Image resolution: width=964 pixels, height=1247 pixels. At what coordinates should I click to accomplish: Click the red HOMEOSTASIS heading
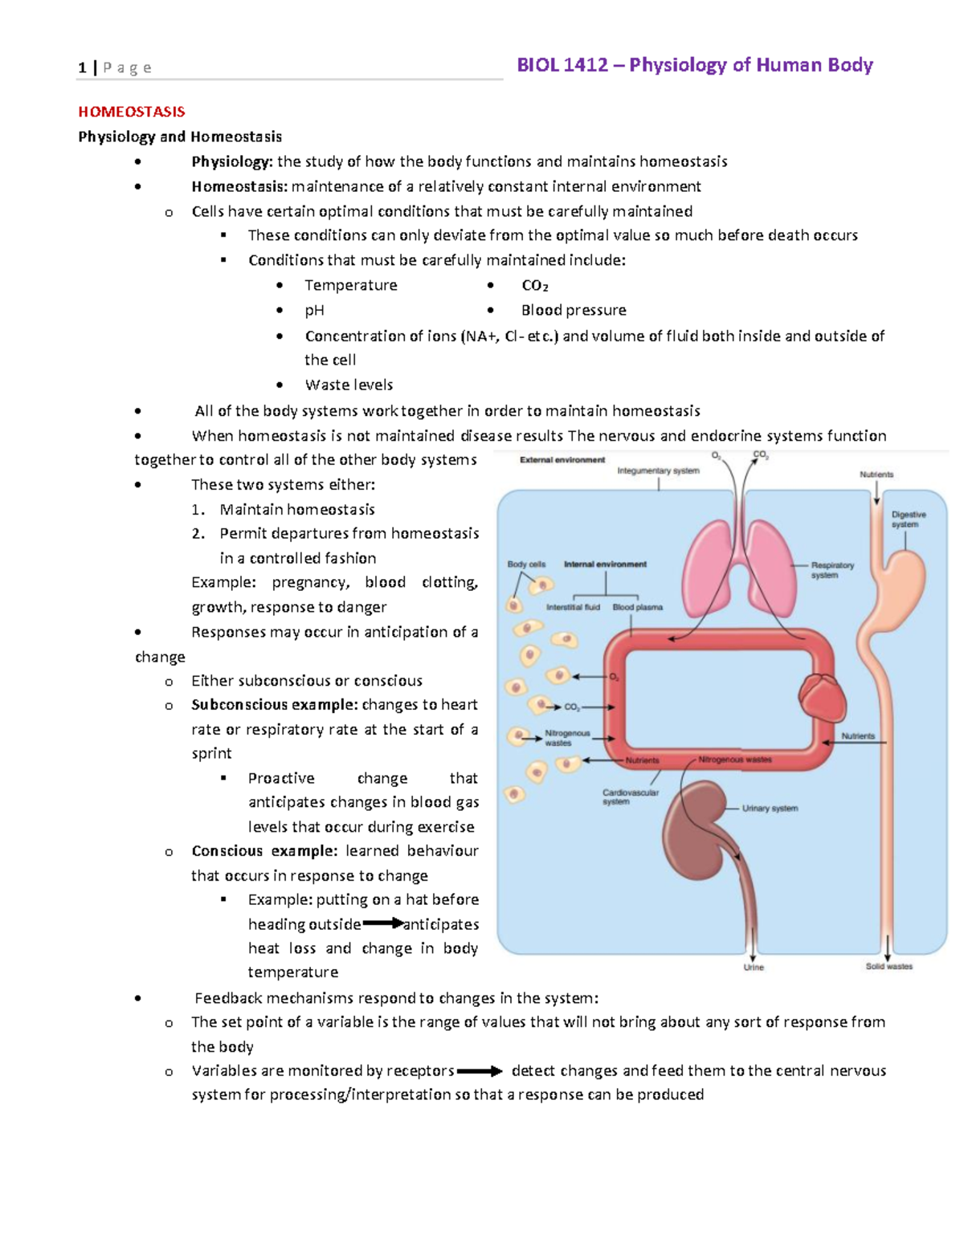point(131,112)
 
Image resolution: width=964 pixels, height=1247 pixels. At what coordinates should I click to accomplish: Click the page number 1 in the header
point(82,68)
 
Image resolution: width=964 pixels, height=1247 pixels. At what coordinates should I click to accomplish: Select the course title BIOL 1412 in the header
point(562,65)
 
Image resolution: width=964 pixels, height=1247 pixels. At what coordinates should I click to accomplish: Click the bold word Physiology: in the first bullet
point(231,161)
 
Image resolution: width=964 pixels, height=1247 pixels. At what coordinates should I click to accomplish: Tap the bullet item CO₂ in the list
point(534,286)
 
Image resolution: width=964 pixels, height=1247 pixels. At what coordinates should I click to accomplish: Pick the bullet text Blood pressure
point(573,310)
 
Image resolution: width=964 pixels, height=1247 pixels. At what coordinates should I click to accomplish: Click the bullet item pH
point(314,310)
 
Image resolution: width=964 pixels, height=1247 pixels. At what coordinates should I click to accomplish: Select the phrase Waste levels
point(349,385)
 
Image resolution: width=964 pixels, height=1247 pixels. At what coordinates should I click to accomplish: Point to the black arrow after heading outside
point(383,924)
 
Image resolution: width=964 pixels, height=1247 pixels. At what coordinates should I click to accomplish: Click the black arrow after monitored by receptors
point(480,1071)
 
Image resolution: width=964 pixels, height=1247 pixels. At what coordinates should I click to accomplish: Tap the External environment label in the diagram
point(562,460)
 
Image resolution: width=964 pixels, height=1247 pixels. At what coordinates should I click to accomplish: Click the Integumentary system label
point(658,471)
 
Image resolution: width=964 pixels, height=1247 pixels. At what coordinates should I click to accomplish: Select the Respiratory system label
point(831,570)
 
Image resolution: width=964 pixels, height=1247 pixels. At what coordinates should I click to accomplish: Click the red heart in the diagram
point(822,697)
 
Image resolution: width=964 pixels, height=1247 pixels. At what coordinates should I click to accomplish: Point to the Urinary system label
point(770,809)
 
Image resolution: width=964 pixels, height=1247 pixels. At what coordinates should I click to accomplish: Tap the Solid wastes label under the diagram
point(888,967)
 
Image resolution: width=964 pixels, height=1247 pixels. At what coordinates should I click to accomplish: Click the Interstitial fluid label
point(573,608)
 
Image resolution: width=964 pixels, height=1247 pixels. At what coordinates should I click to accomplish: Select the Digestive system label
point(908,520)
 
